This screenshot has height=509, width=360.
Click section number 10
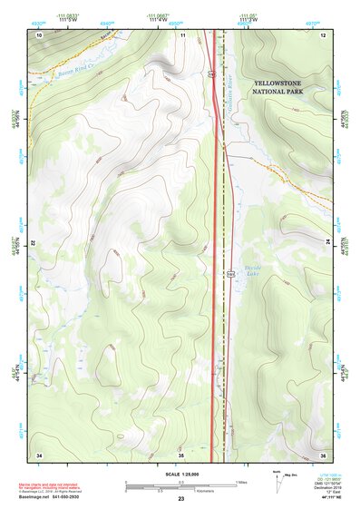click(x=39, y=34)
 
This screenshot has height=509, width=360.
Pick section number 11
click(x=183, y=34)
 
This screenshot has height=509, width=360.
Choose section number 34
click(x=39, y=454)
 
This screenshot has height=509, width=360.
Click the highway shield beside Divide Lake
click(x=230, y=270)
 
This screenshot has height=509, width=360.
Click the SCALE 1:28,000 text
click(x=180, y=473)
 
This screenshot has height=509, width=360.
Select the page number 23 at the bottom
click(x=180, y=499)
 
